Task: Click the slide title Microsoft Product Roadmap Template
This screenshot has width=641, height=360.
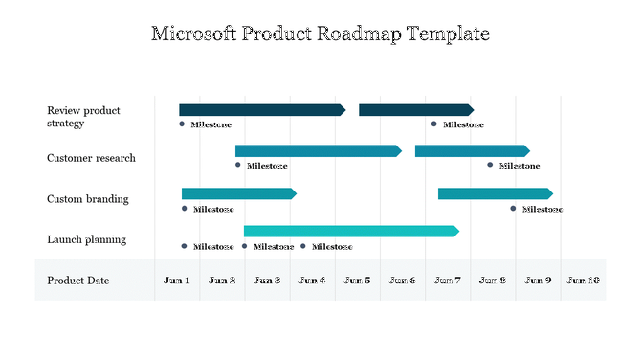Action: pos(320,34)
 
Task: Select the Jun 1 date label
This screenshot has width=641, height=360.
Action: pos(177,281)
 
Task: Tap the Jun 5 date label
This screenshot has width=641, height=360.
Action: pos(357,281)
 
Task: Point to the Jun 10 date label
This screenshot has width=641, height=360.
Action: pos(583,281)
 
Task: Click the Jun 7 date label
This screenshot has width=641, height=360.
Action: pos(447,281)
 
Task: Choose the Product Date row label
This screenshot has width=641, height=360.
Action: pos(78,281)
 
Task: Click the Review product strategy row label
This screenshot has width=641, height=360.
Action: pos(83,117)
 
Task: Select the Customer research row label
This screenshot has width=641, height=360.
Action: pos(91,158)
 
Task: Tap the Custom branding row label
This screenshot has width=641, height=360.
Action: pos(87,199)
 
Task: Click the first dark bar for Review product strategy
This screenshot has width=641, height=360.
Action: pos(261,110)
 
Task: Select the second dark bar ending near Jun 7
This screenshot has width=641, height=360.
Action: pos(415,110)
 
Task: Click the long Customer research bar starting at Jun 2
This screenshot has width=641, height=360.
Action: pos(318,151)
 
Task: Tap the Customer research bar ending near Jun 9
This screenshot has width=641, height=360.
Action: pos(471,151)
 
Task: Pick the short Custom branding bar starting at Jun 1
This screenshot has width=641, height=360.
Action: pos(238,194)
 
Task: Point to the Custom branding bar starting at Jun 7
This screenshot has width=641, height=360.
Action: pos(494,194)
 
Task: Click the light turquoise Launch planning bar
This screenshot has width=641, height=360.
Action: pos(350,232)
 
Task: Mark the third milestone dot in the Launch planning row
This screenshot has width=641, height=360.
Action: pos(304,246)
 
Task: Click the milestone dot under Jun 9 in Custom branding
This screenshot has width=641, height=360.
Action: pos(514,209)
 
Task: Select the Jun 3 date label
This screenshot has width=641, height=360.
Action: pos(267,281)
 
